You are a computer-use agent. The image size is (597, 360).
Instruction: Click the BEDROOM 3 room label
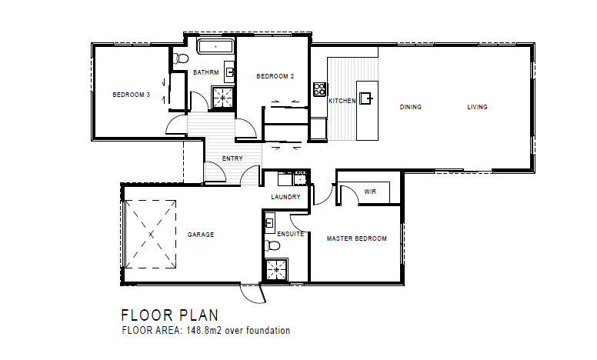pos(132,95)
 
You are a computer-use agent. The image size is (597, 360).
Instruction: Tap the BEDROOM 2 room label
pos(275,76)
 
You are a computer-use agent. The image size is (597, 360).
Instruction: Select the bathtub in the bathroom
pos(215,46)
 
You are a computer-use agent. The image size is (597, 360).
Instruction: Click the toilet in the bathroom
pos(181,59)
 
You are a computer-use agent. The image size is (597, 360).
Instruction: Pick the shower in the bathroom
pos(223,97)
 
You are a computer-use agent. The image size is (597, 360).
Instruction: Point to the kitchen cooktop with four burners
pos(319,89)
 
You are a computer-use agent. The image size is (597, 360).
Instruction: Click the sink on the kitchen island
pos(366,98)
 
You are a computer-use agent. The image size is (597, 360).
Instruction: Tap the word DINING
pos(411,107)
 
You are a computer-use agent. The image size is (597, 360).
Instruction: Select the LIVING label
pos(478,107)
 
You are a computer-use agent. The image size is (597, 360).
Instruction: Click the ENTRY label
pos(232,158)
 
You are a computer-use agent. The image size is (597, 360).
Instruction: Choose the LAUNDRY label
pos(286,197)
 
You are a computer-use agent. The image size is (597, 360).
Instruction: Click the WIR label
pos(370,192)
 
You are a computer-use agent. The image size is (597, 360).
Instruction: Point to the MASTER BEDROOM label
pos(357,238)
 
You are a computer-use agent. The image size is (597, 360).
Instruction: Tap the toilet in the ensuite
pos(272,245)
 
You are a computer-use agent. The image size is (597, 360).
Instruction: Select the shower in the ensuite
pos(276,269)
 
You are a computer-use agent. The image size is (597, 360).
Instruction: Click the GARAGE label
pos(201,235)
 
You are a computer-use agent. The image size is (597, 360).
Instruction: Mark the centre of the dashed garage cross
pos(151,234)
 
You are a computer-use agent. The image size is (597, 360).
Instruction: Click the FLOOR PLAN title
pos(170,315)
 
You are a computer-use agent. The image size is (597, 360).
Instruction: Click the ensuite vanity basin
pos(269,222)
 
